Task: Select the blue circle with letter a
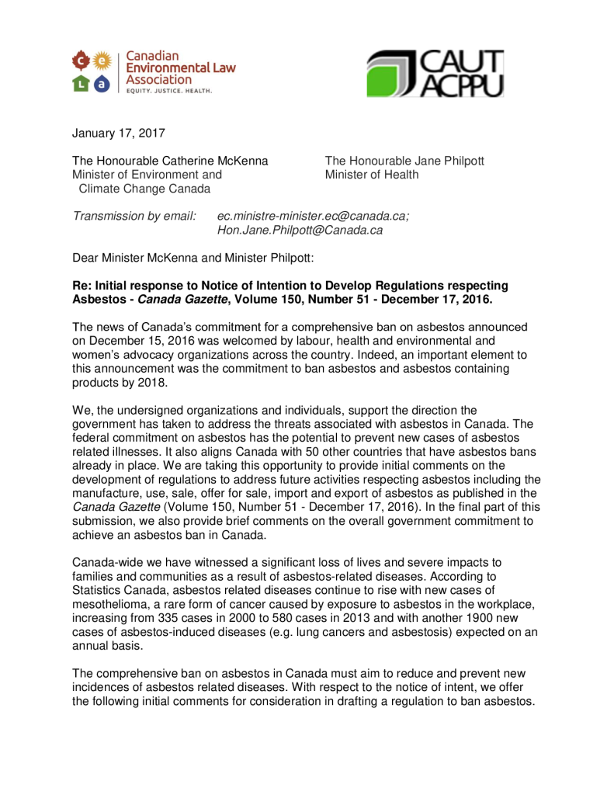pyautogui.click(x=99, y=83)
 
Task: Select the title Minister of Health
pyautogui.click(x=371, y=175)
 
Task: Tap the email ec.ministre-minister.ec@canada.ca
pyautogui.click(x=313, y=216)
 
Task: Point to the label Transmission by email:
pyautogui.click(x=134, y=216)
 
